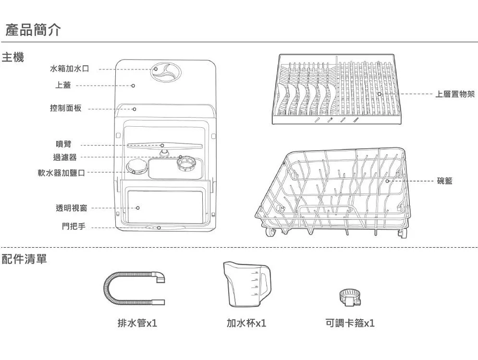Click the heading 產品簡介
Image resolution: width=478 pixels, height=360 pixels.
(33, 31)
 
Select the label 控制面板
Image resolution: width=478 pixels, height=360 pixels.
(66, 108)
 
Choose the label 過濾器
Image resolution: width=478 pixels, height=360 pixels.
(64, 157)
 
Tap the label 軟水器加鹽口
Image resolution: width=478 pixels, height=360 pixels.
(62, 172)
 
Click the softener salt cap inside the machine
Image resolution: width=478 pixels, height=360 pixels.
(135, 168)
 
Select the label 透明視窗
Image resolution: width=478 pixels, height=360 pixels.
(72, 208)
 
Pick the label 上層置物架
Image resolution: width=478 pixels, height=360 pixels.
(454, 95)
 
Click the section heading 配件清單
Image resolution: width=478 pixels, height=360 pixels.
(25, 259)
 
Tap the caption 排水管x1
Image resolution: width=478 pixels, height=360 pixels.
(137, 324)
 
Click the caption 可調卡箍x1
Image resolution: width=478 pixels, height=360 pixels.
(350, 324)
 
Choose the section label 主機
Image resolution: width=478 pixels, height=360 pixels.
(13, 58)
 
